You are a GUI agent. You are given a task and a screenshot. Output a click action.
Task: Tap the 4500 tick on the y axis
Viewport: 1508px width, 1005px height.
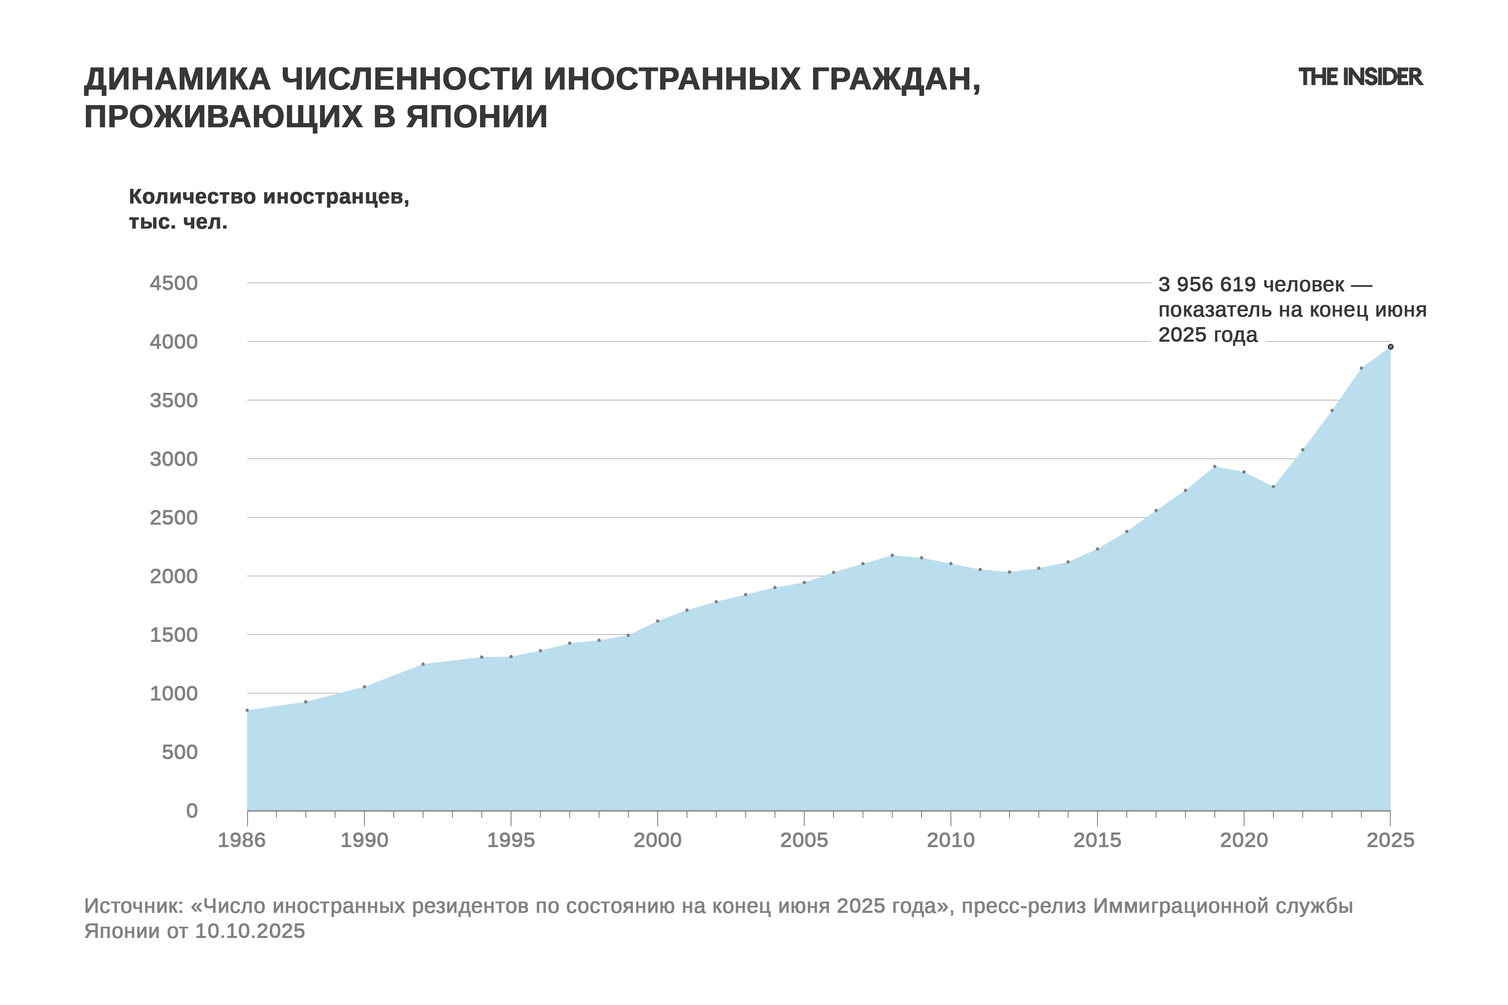pos(174,283)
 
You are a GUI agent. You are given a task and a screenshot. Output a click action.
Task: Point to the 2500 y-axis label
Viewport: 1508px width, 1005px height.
pos(174,518)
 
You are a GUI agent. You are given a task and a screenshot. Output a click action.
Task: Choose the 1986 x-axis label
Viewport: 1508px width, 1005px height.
pos(242,840)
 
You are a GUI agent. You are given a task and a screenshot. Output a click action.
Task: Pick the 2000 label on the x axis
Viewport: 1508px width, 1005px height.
pos(657,840)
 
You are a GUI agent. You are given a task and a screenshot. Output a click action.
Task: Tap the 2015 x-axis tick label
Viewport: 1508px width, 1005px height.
pos(1097,840)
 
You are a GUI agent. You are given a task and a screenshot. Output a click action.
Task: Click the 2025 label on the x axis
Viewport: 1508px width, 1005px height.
pos(1390,840)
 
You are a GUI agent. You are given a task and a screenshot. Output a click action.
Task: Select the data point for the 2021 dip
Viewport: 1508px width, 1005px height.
pos(1273,487)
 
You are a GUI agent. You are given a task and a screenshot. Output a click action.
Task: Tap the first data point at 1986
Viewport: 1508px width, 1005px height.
pos(248,710)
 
